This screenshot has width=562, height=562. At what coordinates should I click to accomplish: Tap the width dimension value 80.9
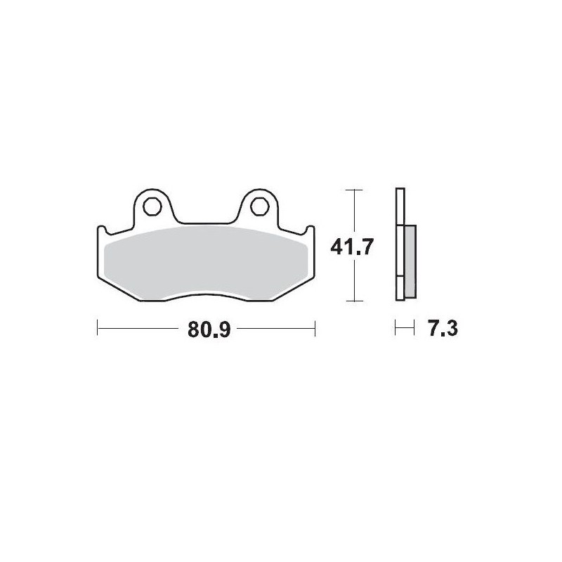(209, 328)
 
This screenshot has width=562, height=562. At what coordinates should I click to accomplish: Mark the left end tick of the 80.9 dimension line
(96, 327)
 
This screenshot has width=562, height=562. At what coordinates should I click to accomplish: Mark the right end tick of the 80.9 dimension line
(315, 327)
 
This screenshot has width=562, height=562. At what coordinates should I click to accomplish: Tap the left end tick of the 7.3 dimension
(396, 327)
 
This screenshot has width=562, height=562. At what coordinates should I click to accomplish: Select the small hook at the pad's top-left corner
(101, 229)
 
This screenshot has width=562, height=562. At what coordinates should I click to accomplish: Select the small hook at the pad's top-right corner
(310, 229)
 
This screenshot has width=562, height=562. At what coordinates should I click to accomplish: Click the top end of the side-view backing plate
(400, 192)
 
